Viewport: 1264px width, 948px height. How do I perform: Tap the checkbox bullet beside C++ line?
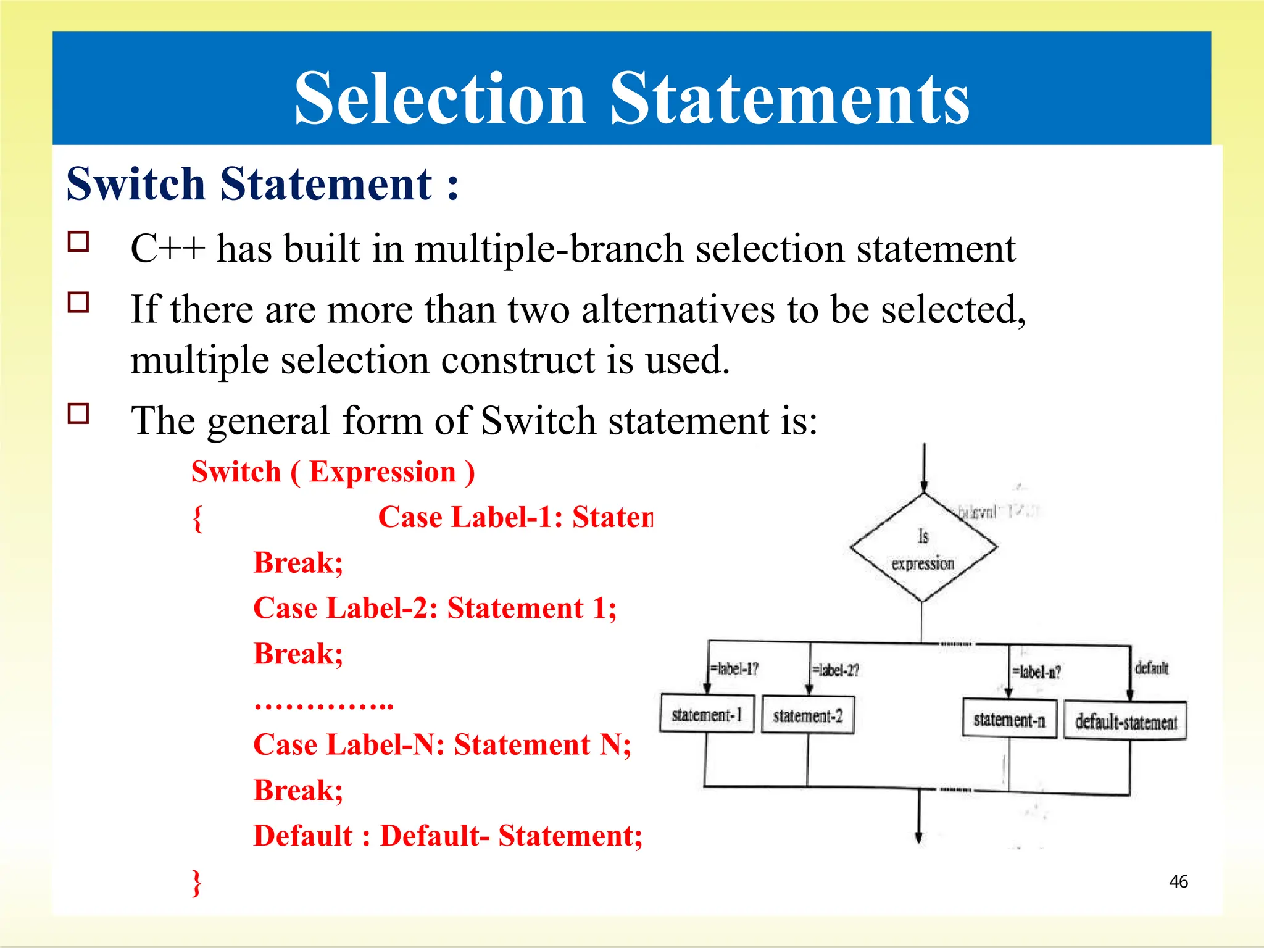pyautogui.click(x=78, y=242)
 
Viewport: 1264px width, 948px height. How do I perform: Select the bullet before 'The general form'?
pyautogui.click(x=78, y=414)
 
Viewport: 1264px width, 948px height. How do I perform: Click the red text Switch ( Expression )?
pyautogui.click(x=333, y=472)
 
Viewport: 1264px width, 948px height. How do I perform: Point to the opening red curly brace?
pyautogui.click(x=197, y=518)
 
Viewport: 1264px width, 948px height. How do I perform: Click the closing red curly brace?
pyautogui.click(x=196, y=883)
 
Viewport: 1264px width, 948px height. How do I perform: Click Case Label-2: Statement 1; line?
pyautogui.click(x=434, y=609)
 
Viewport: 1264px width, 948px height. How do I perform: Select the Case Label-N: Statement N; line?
pyautogui.click(x=442, y=745)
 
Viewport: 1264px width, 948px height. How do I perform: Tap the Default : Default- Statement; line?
pyautogui.click(x=448, y=836)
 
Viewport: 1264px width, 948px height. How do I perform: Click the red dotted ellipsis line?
pyautogui.click(x=323, y=704)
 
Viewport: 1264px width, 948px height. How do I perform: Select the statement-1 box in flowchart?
pyautogui.click(x=707, y=715)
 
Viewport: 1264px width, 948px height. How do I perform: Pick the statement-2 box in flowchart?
pyautogui.click(x=807, y=715)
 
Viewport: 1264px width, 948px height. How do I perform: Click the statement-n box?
pyautogui.click(x=1009, y=719)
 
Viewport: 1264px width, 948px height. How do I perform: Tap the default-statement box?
pyautogui.click(x=1125, y=721)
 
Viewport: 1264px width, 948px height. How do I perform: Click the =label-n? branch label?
pyautogui.click(x=1037, y=672)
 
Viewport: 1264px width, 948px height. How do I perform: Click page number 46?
pyautogui.click(x=1178, y=881)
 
